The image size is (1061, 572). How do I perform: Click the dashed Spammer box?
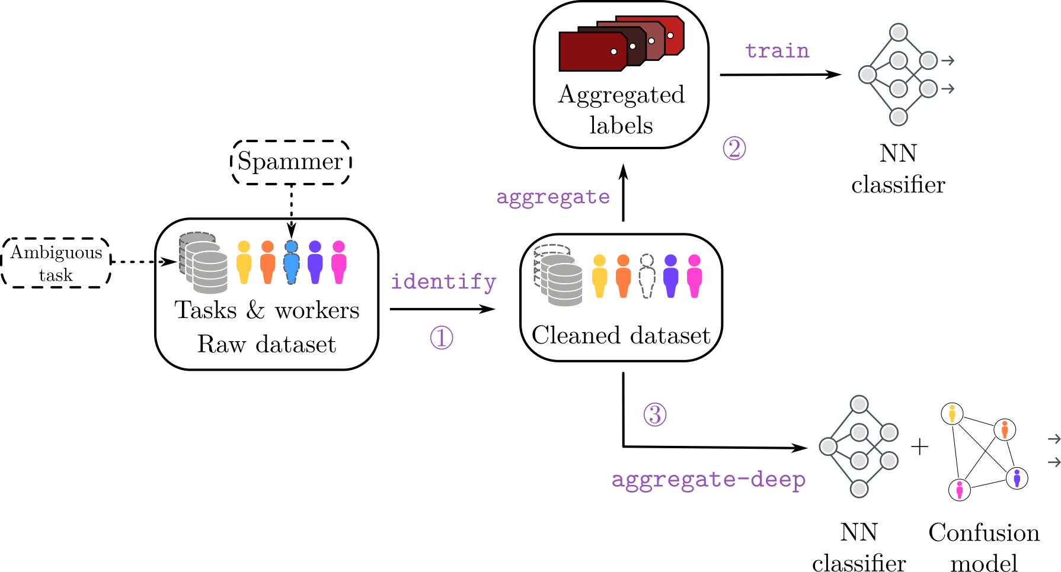click(x=290, y=162)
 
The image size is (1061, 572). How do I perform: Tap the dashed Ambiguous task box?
click(x=56, y=263)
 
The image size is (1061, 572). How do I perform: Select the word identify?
click(x=443, y=282)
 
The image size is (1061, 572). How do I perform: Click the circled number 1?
click(x=442, y=338)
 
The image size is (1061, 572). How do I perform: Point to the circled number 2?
click(x=734, y=148)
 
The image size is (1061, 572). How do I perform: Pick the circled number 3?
click(x=655, y=414)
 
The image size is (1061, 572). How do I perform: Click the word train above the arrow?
click(x=777, y=51)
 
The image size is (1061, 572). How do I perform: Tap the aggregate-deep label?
click(x=708, y=480)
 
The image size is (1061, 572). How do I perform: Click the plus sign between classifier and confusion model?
click(x=919, y=446)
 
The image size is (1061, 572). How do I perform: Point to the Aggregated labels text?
click(x=621, y=110)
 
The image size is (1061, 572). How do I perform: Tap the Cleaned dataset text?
click(x=621, y=336)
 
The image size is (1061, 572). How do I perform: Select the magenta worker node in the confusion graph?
click(x=960, y=490)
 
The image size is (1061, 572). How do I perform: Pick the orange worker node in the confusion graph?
click(x=1005, y=429)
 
